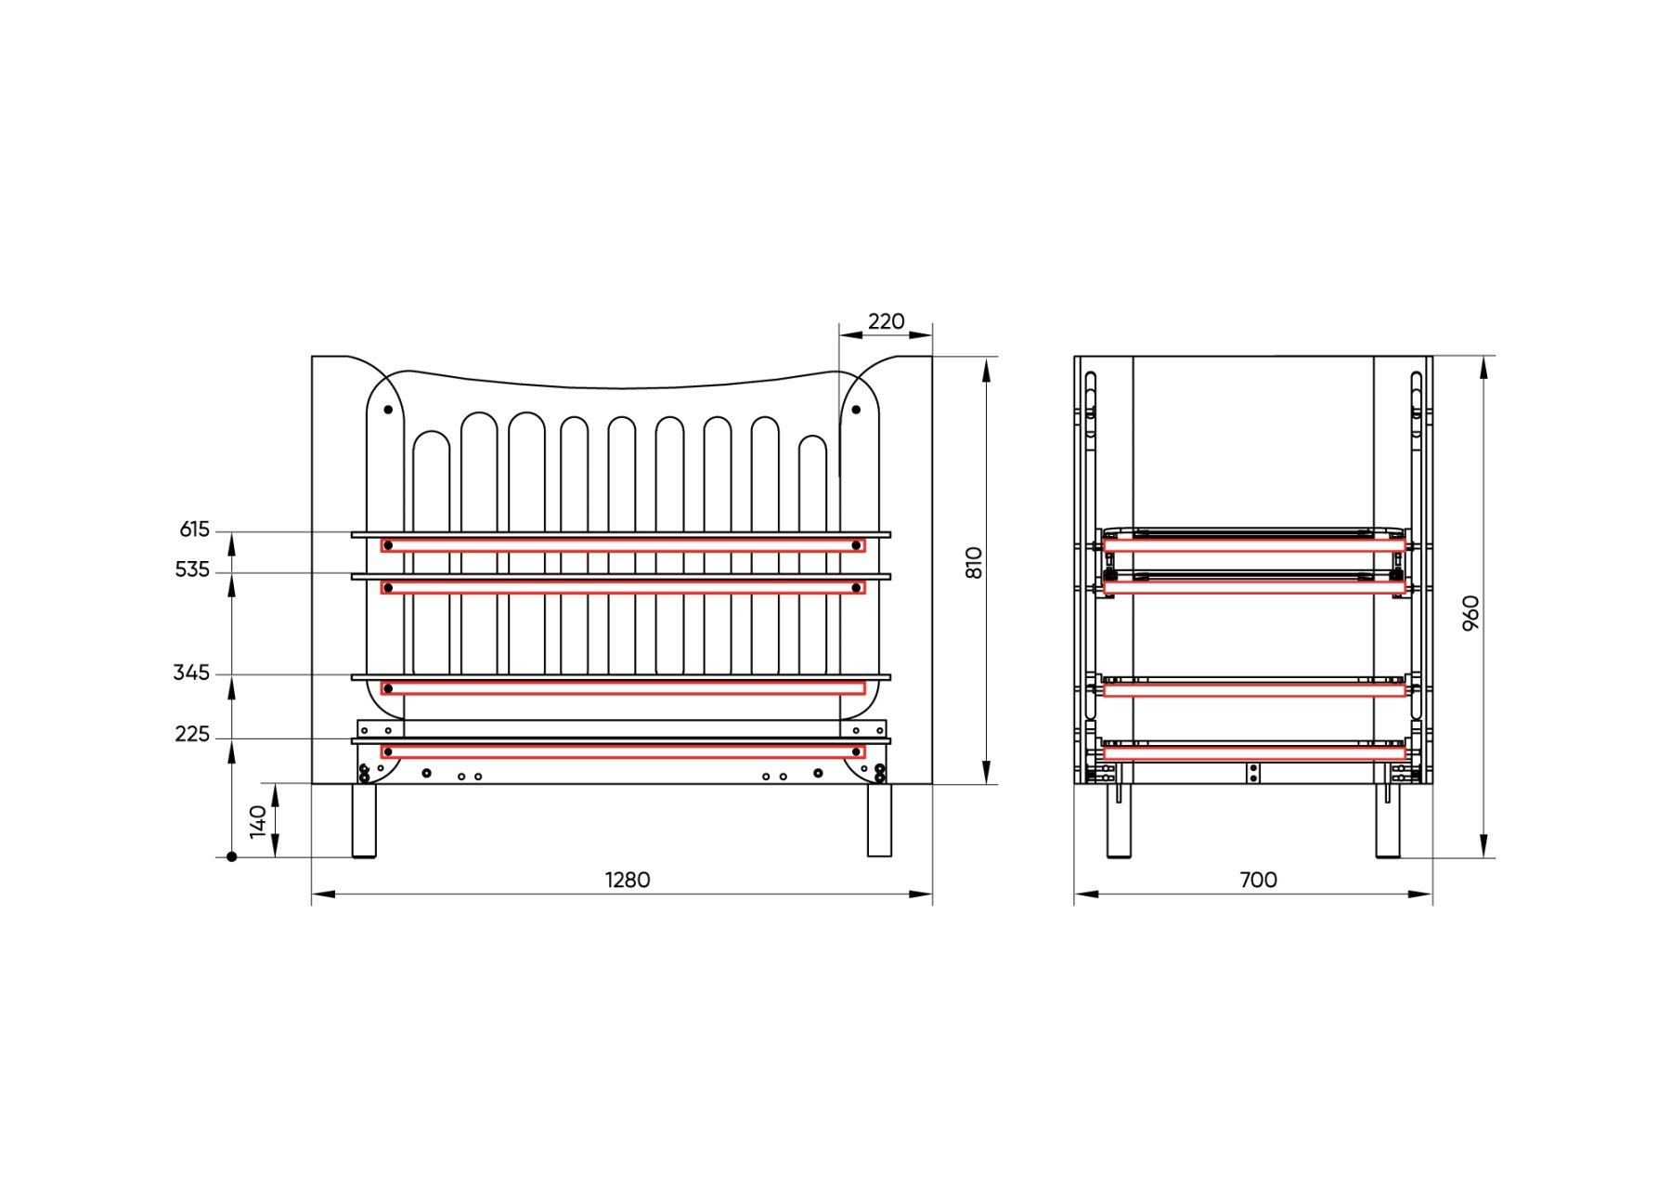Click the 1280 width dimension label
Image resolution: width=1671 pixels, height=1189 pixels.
click(x=628, y=880)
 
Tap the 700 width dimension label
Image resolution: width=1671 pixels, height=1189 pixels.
click(x=1258, y=880)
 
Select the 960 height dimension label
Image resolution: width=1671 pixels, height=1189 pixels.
click(x=1470, y=613)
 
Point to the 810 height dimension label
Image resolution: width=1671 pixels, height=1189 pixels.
click(x=974, y=563)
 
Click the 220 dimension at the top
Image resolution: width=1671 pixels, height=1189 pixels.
click(x=886, y=321)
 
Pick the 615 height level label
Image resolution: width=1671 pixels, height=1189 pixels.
click(x=195, y=529)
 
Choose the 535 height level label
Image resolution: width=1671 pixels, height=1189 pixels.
click(x=192, y=569)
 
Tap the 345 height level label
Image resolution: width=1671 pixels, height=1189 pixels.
click(x=191, y=673)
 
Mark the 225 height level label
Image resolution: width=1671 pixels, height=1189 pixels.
click(x=192, y=735)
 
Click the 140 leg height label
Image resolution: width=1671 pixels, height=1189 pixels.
click(x=259, y=821)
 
